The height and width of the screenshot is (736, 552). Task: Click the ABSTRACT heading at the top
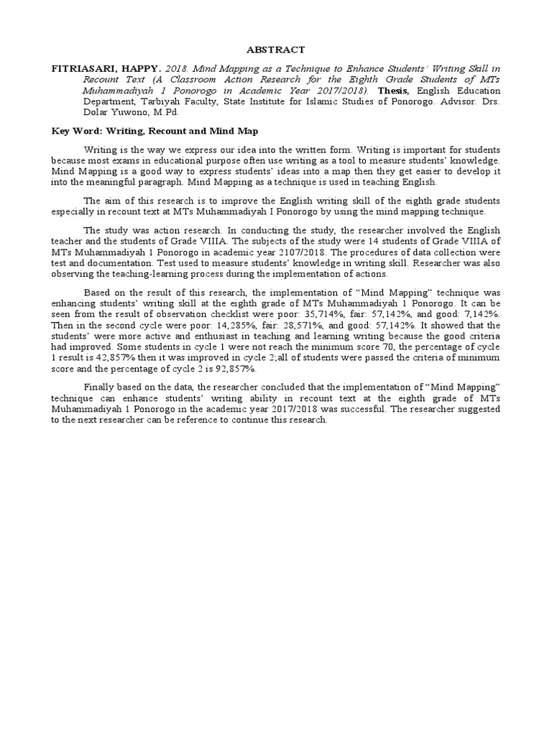pos(276,50)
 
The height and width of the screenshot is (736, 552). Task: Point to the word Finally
pos(101,387)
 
